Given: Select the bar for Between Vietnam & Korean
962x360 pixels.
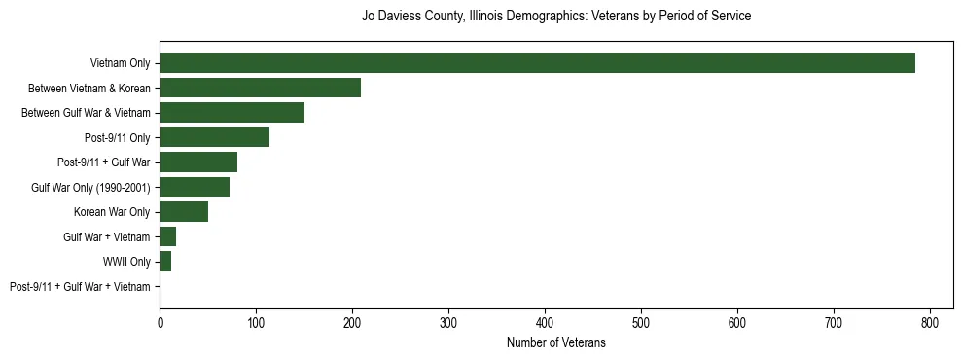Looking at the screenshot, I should point(260,89).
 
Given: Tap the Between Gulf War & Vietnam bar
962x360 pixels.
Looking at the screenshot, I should point(232,113).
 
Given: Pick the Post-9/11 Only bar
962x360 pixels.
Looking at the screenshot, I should point(214,138).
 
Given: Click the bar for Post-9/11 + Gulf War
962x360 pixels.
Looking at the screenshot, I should point(198,162).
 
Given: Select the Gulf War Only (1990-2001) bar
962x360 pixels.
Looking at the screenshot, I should point(195,188).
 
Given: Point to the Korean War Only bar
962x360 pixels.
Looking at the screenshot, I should point(184,212).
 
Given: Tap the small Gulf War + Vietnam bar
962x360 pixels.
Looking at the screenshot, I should point(168,237).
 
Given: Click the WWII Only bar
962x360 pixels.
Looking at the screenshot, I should point(165,262).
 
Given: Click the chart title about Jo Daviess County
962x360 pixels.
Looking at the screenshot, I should point(555,17).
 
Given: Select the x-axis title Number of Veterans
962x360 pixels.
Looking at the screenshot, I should point(555,342).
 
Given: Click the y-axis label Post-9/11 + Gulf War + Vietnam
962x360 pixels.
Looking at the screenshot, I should point(80,287).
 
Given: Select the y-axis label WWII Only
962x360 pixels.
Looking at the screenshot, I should point(126,262).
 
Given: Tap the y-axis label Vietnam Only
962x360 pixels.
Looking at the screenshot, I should point(120,63).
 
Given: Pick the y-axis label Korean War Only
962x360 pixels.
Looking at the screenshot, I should point(112,212).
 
